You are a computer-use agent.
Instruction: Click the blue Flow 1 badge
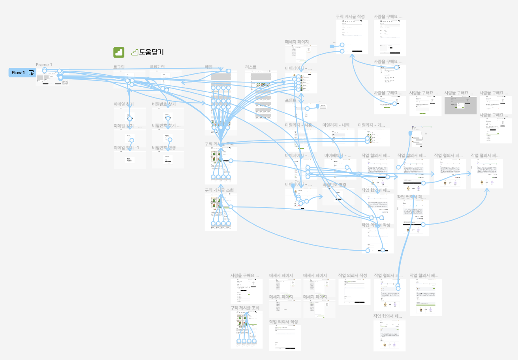[18, 73]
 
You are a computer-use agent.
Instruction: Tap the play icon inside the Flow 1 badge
[31, 73]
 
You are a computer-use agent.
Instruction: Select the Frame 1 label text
[44, 65]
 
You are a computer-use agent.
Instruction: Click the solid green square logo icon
[119, 52]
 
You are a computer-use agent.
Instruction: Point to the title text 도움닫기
[151, 52]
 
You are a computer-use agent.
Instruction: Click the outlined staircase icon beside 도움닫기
[135, 52]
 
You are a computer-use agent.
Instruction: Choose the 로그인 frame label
[119, 67]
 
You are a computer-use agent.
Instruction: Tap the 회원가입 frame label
[157, 67]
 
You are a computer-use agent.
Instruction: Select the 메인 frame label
[208, 67]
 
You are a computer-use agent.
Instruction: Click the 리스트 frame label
[251, 67]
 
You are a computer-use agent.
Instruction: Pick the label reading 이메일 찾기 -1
[126, 148]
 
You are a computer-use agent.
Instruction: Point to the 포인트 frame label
[291, 101]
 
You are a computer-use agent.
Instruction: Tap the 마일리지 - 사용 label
[298, 125]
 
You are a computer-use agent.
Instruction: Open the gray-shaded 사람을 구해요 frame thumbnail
[460, 105]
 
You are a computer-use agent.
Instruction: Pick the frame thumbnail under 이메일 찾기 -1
[129, 160]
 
